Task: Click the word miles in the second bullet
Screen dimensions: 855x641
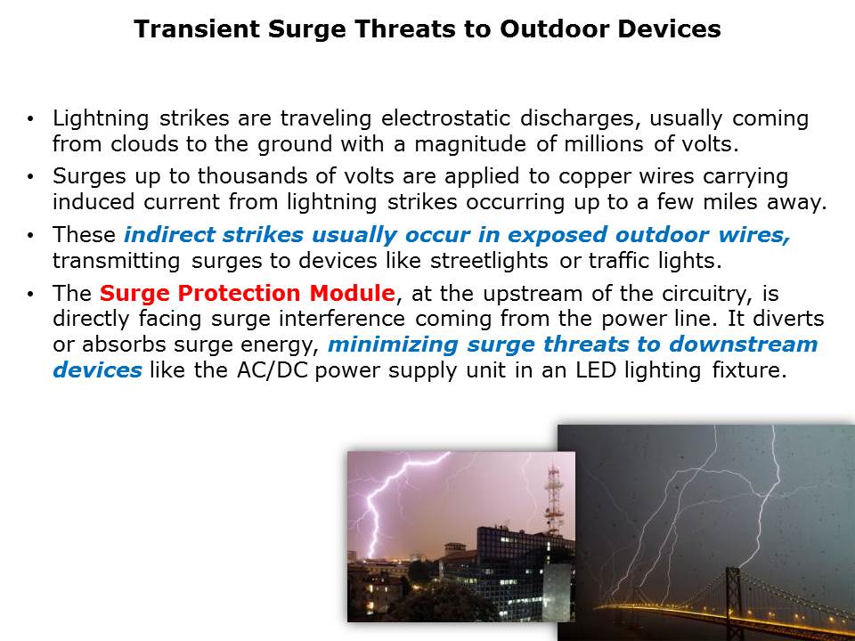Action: tap(730, 202)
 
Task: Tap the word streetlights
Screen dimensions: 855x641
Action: tap(489, 261)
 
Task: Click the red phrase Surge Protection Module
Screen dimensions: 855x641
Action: tap(247, 293)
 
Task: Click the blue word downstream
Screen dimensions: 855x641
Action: tap(744, 345)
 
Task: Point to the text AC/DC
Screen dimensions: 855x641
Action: tap(273, 370)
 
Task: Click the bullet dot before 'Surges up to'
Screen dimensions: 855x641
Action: tap(30, 176)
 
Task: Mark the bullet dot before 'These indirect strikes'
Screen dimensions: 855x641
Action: tap(30, 235)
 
